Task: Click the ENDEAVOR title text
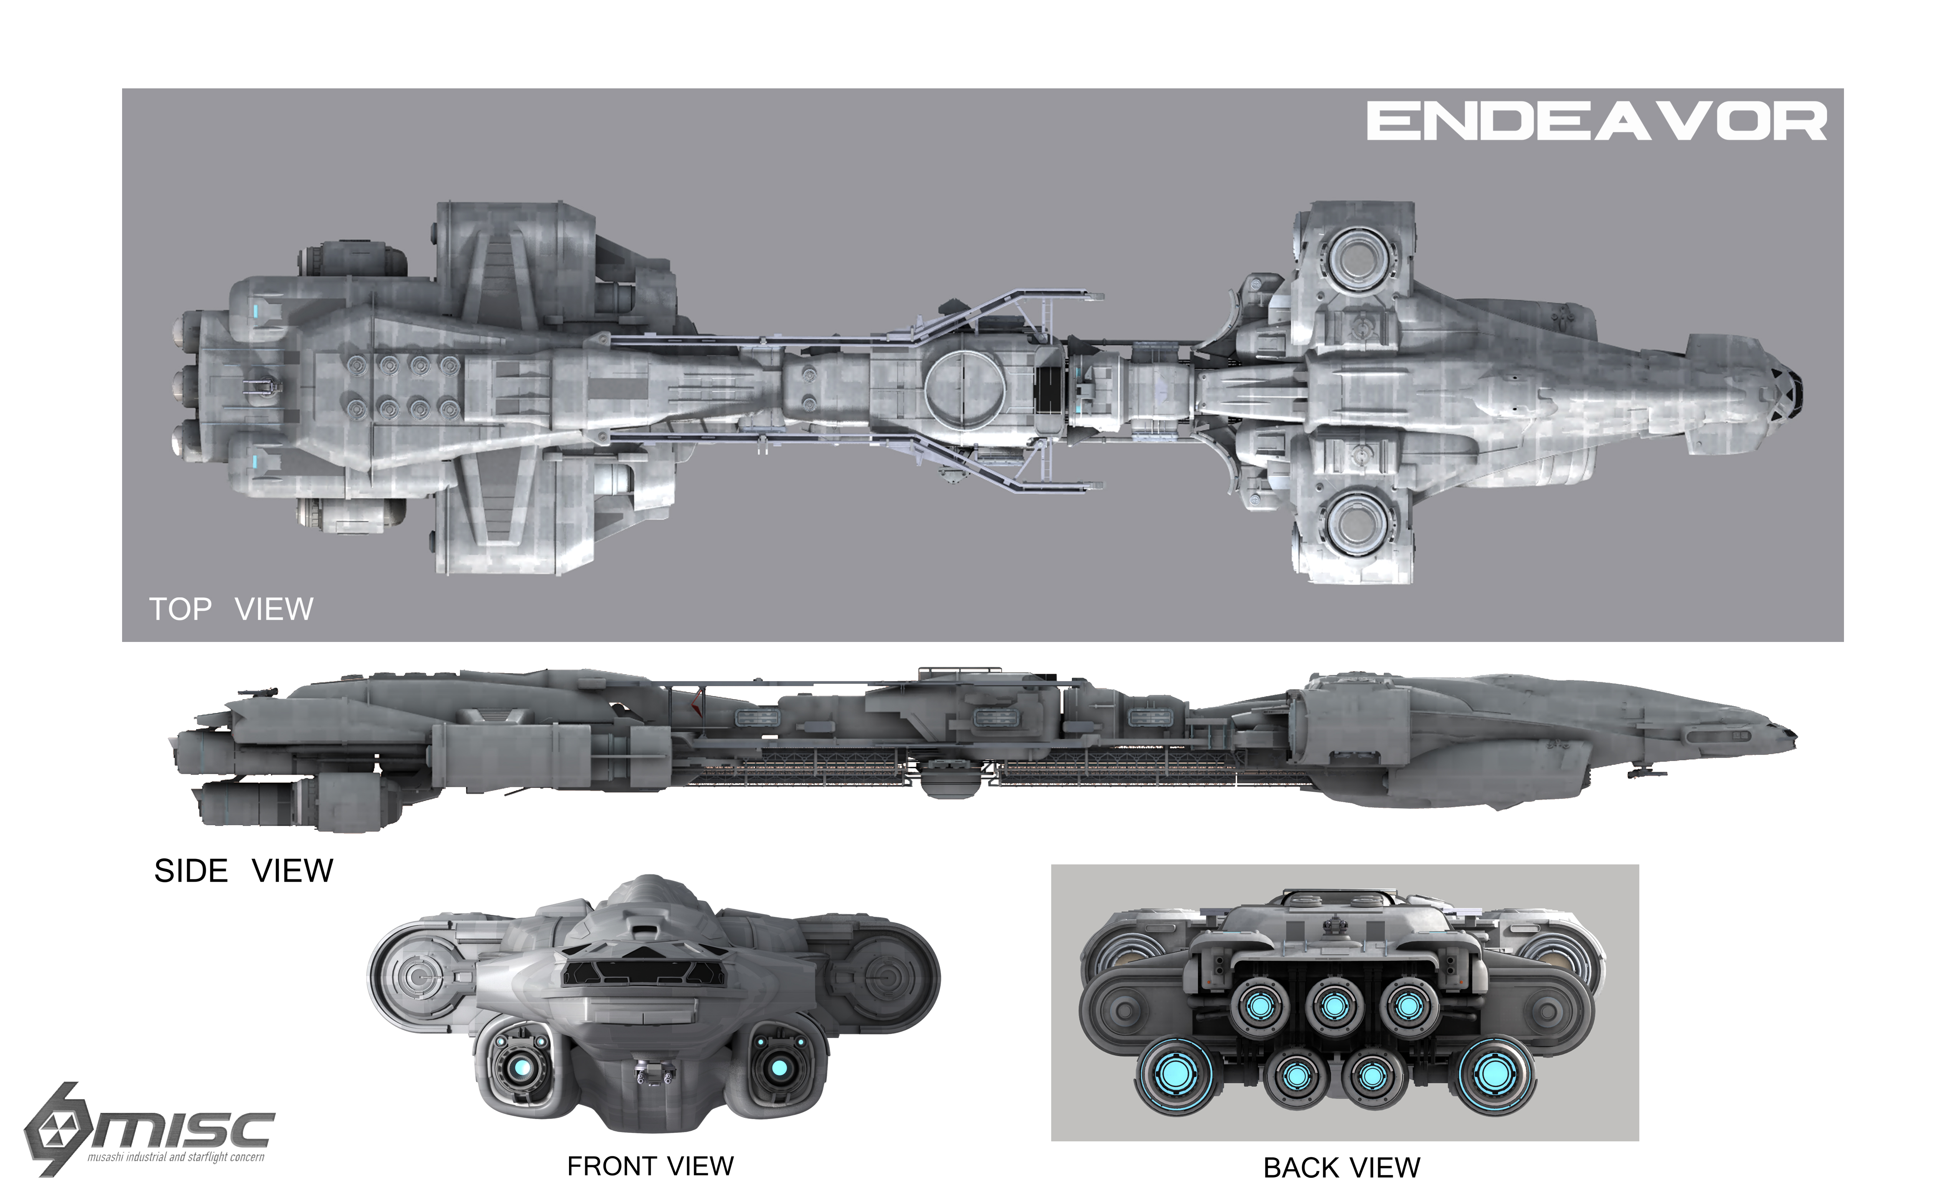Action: pos(1596,122)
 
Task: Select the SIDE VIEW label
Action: pos(243,871)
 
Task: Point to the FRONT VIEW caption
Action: pos(650,1166)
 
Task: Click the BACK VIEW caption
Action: pos(1341,1168)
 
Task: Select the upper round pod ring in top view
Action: pos(1358,259)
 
